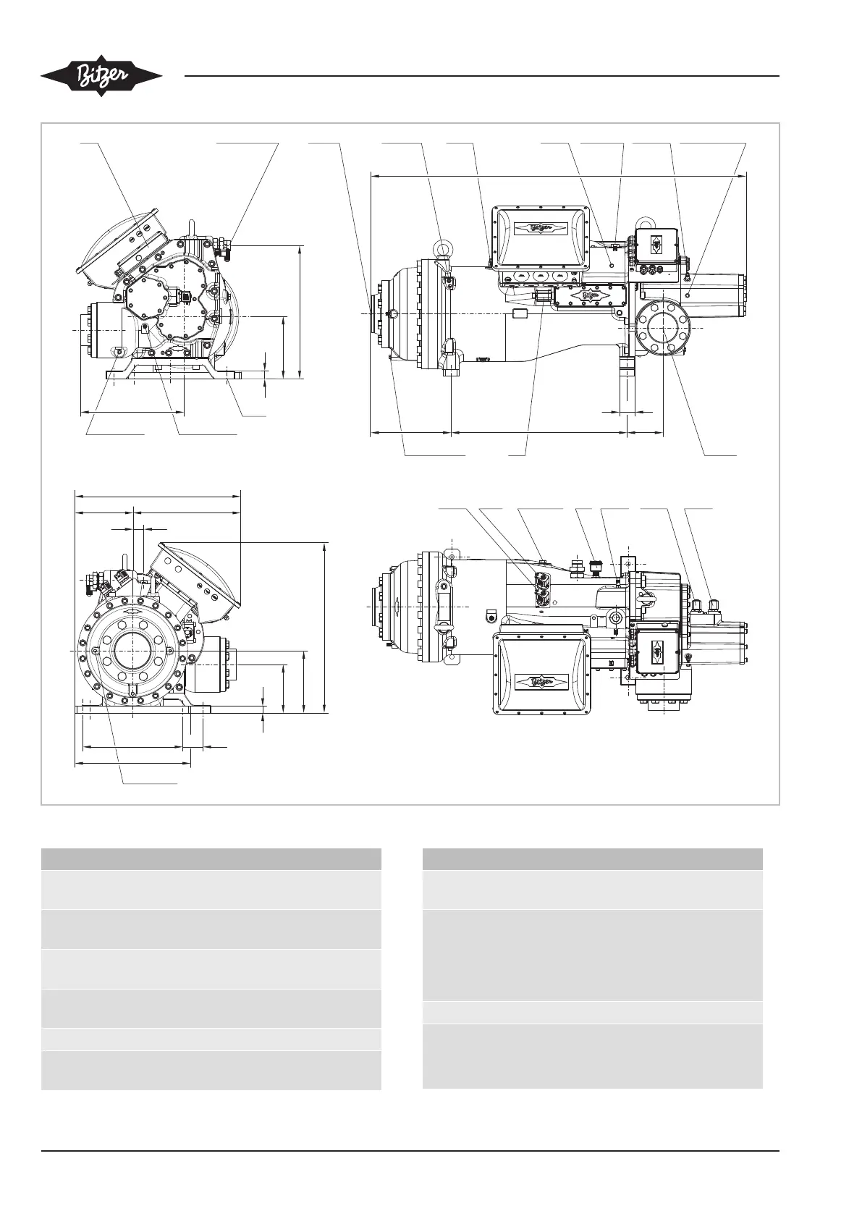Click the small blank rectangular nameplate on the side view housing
(x=521, y=313)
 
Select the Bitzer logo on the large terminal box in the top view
(x=542, y=681)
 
